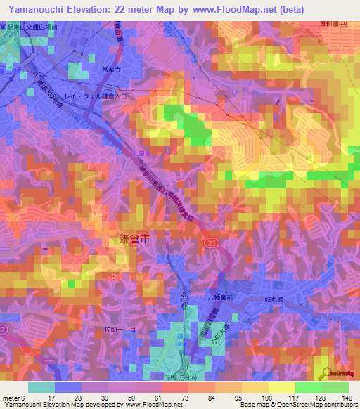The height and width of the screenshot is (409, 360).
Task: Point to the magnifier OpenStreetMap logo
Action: (326, 375)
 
